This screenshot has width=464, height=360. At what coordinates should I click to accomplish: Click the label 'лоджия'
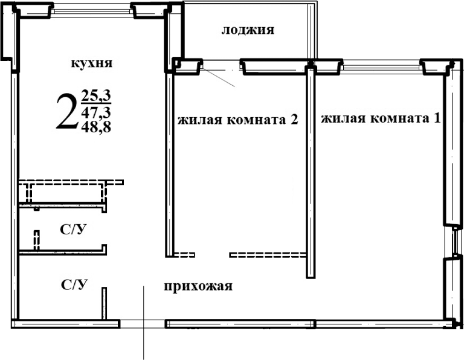point(248,31)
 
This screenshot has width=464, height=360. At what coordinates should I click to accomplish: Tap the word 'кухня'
point(92,63)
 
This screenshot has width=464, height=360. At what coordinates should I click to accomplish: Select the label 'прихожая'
point(198,286)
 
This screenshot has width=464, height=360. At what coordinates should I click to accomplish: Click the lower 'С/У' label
point(73,284)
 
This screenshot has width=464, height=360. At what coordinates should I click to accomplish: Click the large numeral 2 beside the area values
point(66,112)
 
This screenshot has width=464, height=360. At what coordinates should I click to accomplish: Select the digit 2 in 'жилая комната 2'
point(294,120)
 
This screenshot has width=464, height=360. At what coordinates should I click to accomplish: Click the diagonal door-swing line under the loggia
point(217,76)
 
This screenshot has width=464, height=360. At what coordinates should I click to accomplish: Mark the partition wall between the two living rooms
point(311,172)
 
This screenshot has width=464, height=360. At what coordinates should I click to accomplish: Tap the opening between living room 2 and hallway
point(212,254)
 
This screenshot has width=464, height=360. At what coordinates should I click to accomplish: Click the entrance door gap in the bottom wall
point(143,324)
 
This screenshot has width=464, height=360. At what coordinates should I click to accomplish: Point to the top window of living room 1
point(382,63)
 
